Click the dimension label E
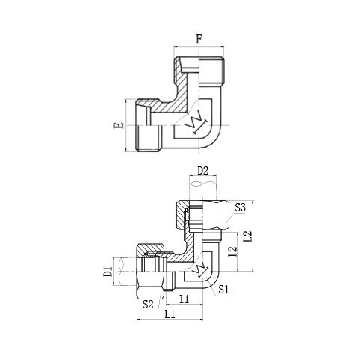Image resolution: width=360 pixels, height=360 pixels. click(x=118, y=125)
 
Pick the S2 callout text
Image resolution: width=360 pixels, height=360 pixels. click(x=148, y=304)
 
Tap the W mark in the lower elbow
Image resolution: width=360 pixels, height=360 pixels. click(x=199, y=268)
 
